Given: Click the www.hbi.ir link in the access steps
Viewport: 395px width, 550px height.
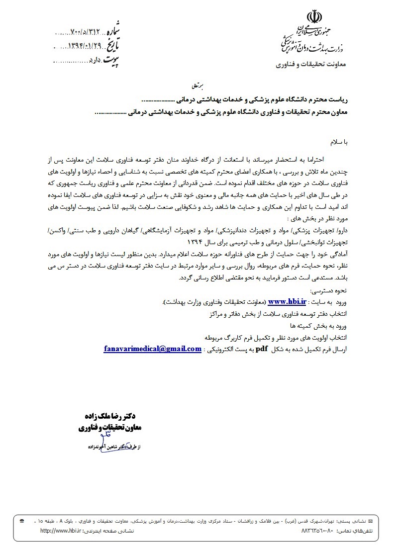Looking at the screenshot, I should click(287, 301).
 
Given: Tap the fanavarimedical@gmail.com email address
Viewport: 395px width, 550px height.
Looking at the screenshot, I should click(152, 349).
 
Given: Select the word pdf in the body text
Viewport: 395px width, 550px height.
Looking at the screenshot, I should click(262, 349).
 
